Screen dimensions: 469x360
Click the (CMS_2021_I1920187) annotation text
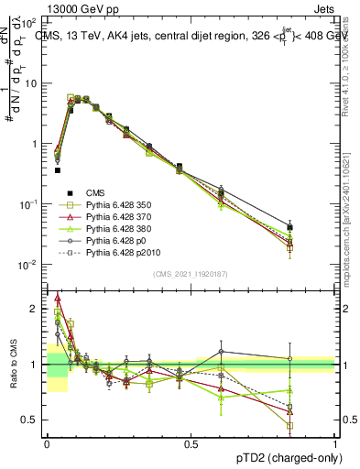click(x=191, y=273)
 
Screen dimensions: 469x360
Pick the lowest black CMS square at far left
click(x=57, y=169)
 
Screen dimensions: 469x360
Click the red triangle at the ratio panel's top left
click(x=58, y=299)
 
